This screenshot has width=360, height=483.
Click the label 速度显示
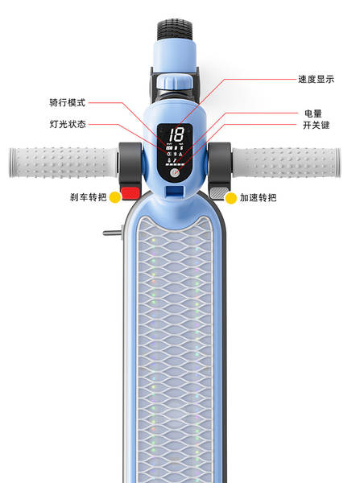coord(316,79)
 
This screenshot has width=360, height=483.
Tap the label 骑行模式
coord(67,102)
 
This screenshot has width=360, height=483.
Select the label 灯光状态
coord(68,124)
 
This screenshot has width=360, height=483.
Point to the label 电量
coord(313,114)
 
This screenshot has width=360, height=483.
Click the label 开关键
coord(317,125)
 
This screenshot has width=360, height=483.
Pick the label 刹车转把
coord(88,197)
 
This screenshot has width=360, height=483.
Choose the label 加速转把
coord(259,197)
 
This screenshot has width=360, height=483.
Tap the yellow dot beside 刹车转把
coord(115,197)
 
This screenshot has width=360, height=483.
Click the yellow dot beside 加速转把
coord(231,198)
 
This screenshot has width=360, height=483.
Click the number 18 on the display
coord(176,134)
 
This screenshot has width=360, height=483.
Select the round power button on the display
coord(175,173)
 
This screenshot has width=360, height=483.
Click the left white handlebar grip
coord(63,163)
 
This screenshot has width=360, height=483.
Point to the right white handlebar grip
coord(287,163)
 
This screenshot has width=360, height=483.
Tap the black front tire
coord(175,30)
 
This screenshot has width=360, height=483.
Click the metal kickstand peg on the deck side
coord(113,233)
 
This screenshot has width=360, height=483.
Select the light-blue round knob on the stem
coord(175,81)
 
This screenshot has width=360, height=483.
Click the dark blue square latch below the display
coord(175,190)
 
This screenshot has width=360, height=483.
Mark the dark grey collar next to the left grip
coord(130,163)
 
